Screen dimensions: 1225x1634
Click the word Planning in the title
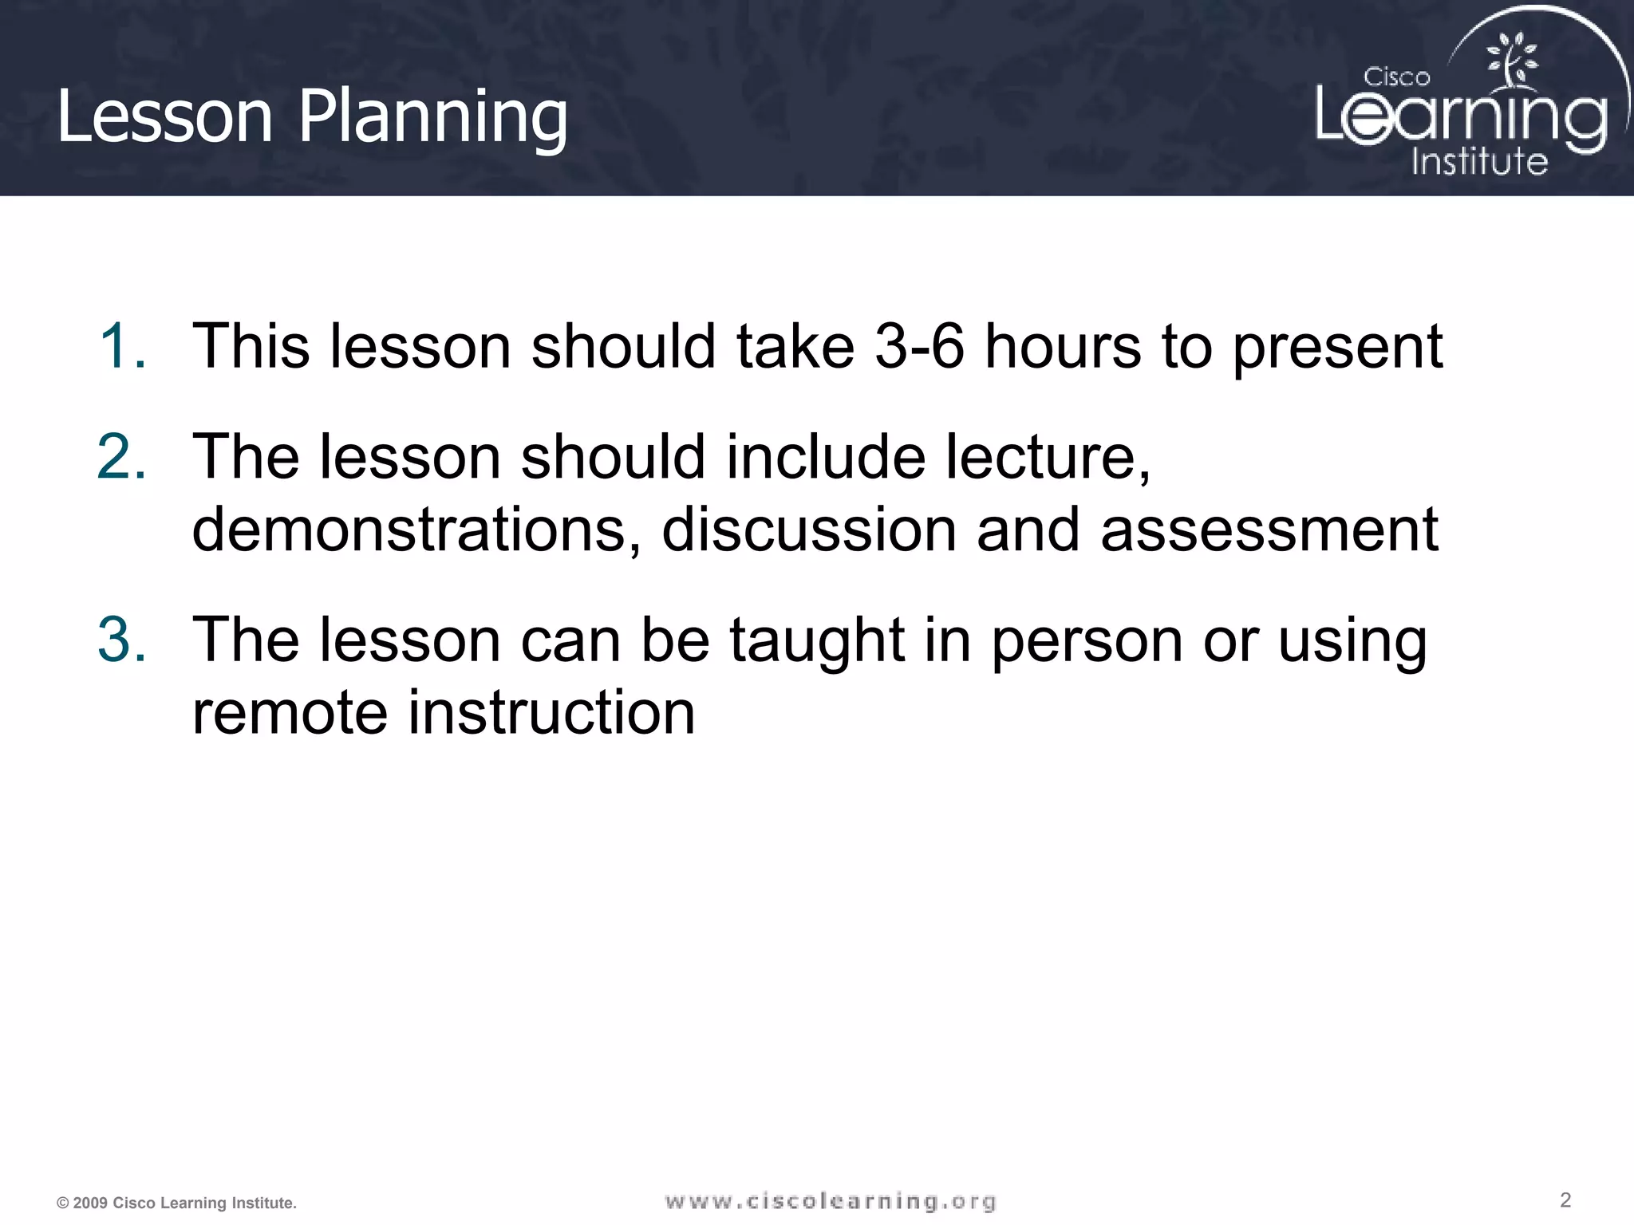432,118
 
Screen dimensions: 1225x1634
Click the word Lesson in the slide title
164,118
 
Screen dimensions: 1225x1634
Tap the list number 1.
121,347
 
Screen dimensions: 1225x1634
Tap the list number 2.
121,457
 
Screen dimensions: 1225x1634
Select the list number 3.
121,640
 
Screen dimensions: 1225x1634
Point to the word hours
1062,347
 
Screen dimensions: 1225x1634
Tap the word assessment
1269,530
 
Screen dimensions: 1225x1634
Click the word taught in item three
817,641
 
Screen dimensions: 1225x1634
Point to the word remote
290,712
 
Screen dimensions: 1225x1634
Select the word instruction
551,712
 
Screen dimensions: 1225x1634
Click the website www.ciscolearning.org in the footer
831,1201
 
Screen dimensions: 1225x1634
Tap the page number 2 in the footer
1565,1199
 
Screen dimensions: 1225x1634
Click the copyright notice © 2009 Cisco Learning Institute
176,1203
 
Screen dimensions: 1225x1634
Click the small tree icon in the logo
1510,60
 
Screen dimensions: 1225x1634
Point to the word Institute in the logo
1479,162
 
